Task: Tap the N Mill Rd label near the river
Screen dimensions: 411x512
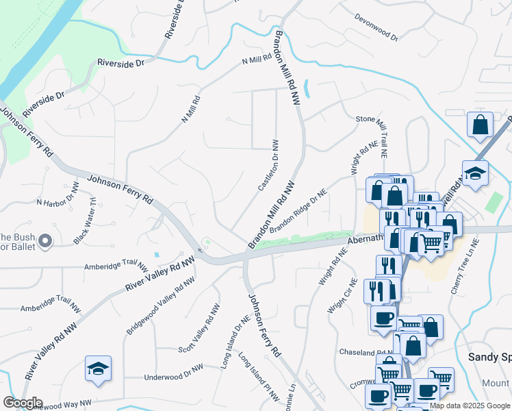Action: (x=257, y=60)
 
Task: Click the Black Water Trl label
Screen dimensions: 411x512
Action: (x=86, y=221)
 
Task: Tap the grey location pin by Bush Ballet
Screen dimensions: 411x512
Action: (x=45, y=241)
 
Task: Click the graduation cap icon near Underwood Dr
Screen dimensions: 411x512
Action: (x=98, y=369)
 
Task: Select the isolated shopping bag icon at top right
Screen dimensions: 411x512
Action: (x=480, y=125)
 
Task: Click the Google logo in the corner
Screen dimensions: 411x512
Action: (x=23, y=402)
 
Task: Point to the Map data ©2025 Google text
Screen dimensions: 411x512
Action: (x=470, y=406)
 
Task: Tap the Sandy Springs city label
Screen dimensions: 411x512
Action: (x=489, y=357)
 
